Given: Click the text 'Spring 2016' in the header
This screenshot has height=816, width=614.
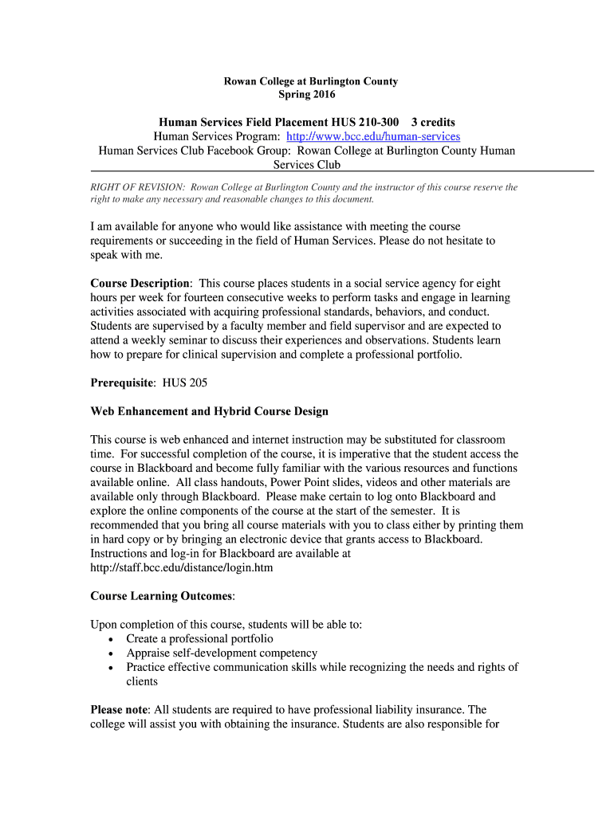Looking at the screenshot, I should click(x=307, y=95).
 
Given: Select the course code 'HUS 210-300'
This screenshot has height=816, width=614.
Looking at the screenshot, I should click(x=364, y=122).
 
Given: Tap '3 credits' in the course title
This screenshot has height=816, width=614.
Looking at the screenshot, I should click(x=433, y=122).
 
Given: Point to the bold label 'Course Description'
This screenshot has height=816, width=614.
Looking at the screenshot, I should click(x=140, y=283).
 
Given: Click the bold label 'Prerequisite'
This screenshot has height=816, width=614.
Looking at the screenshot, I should click(x=121, y=382).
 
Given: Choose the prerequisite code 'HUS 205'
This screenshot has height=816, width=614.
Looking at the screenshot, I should click(x=185, y=382).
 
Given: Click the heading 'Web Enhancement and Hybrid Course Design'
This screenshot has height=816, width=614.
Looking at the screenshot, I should click(x=210, y=411).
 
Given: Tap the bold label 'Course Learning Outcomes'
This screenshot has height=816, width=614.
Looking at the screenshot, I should click(x=162, y=595).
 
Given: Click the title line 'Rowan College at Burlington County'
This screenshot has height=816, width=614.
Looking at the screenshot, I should click(x=310, y=81).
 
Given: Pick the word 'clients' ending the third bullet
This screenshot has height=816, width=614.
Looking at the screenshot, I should click(x=142, y=681).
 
